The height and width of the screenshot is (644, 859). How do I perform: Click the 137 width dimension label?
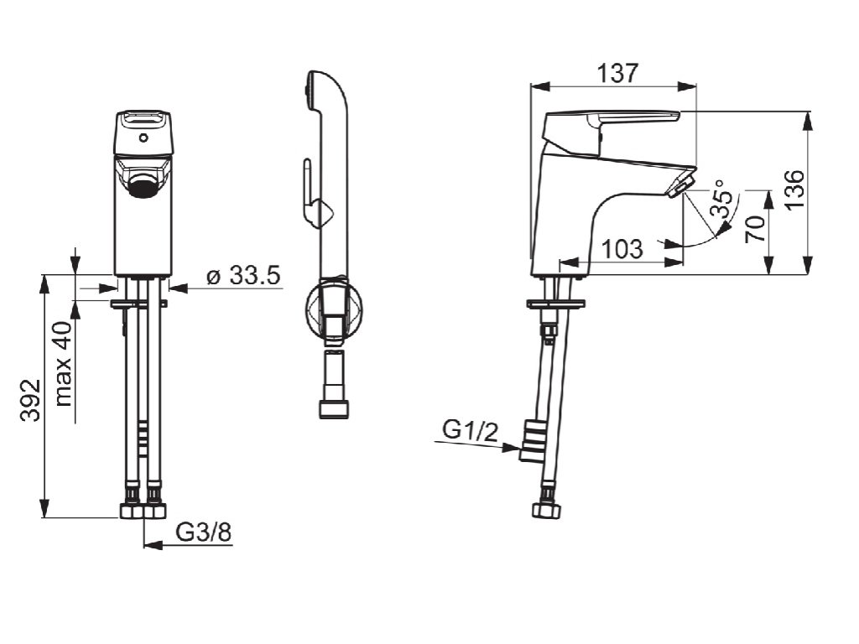pyautogui.click(x=617, y=73)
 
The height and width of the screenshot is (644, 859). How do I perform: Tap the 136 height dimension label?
pyautogui.click(x=794, y=189)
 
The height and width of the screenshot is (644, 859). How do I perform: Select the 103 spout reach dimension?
pyautogui.click(x=622, y=249)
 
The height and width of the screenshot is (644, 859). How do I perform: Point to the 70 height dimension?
pyautogui.click(x=755, y=229)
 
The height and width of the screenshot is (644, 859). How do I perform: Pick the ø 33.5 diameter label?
pyautogui.click(x=244, y=275)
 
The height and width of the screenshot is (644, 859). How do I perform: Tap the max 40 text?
pyautogui.click(x=64, y=364)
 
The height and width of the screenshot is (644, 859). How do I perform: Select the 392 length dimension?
pyautogui.click(x=31, y=400)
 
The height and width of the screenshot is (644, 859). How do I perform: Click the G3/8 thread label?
pyautogui.click(x=204, y=532)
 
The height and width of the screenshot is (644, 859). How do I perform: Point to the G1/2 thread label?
pyautogui.click(x=471, y=432)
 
